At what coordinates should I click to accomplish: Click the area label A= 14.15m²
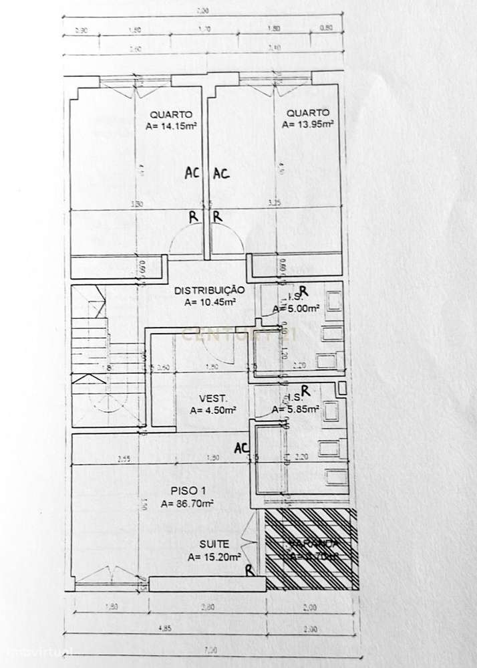[170, 125]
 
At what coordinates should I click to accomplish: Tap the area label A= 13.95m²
[307, 124]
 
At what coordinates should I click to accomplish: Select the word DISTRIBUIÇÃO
[210, 290]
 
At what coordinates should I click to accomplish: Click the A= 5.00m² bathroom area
[295, 309]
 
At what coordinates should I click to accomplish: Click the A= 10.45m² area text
[210, 302]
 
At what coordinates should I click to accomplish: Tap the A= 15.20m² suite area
[214, 556]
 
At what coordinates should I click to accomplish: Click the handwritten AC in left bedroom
[192, 173]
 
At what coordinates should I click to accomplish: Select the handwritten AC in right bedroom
[221, 173]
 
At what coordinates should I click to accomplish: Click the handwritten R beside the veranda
[249, 570]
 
